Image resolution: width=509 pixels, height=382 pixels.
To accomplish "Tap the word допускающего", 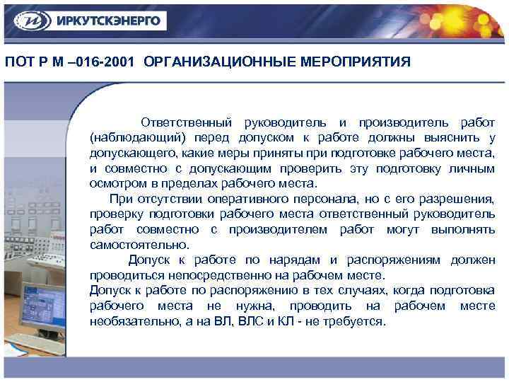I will coord(132,152).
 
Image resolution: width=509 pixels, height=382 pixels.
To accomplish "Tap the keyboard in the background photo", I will coord(39,343).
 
